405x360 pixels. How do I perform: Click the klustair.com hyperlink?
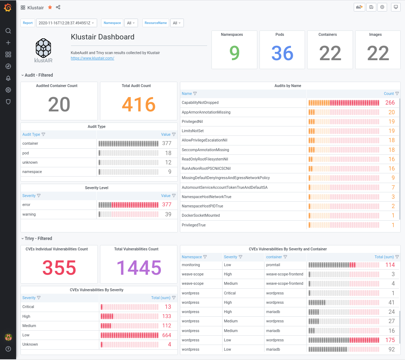pyautogui.click(x=92, y=58)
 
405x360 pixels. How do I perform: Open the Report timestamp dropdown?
pyautogui.click(x=66, y=23)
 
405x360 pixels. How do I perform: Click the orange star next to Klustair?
pyautogui.click(x=50, y=7)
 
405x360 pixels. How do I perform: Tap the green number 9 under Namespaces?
pyautogui.click(x=234, y=53)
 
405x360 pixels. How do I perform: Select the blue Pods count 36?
pyautogui.click(x=282, y=53)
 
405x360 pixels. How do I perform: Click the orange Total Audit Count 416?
pyautogui.click(x=139, y=105)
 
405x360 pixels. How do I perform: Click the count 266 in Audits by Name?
pyautogui.click(x=390, y=103)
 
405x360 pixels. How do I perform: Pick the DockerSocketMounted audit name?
pyautogui.click(x=201, y=215)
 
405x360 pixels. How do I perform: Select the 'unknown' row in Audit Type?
pyautogui.click(x=30, y=162)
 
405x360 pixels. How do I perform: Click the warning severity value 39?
pyautogui.click(x=168, y=214)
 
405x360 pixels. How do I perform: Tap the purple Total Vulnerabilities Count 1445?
pyautogui.click(x=139, y=268)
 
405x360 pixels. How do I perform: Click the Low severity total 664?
pyautogui.click(x=167, y=335)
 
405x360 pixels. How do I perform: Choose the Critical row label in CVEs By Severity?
pyautogui.click(x=28, y=307)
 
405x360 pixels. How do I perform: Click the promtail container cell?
pyautogui.click(x=273, y=265)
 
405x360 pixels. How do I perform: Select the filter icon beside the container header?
pyautogui.click(x=285, y=257)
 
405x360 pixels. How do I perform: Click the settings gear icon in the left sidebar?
pyautogui.click(x=8, y=90)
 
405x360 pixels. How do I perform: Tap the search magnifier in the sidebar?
pyautogui.click(x=8, y=31)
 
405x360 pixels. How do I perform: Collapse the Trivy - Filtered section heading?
pyautogui.click(x=38, y=238)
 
